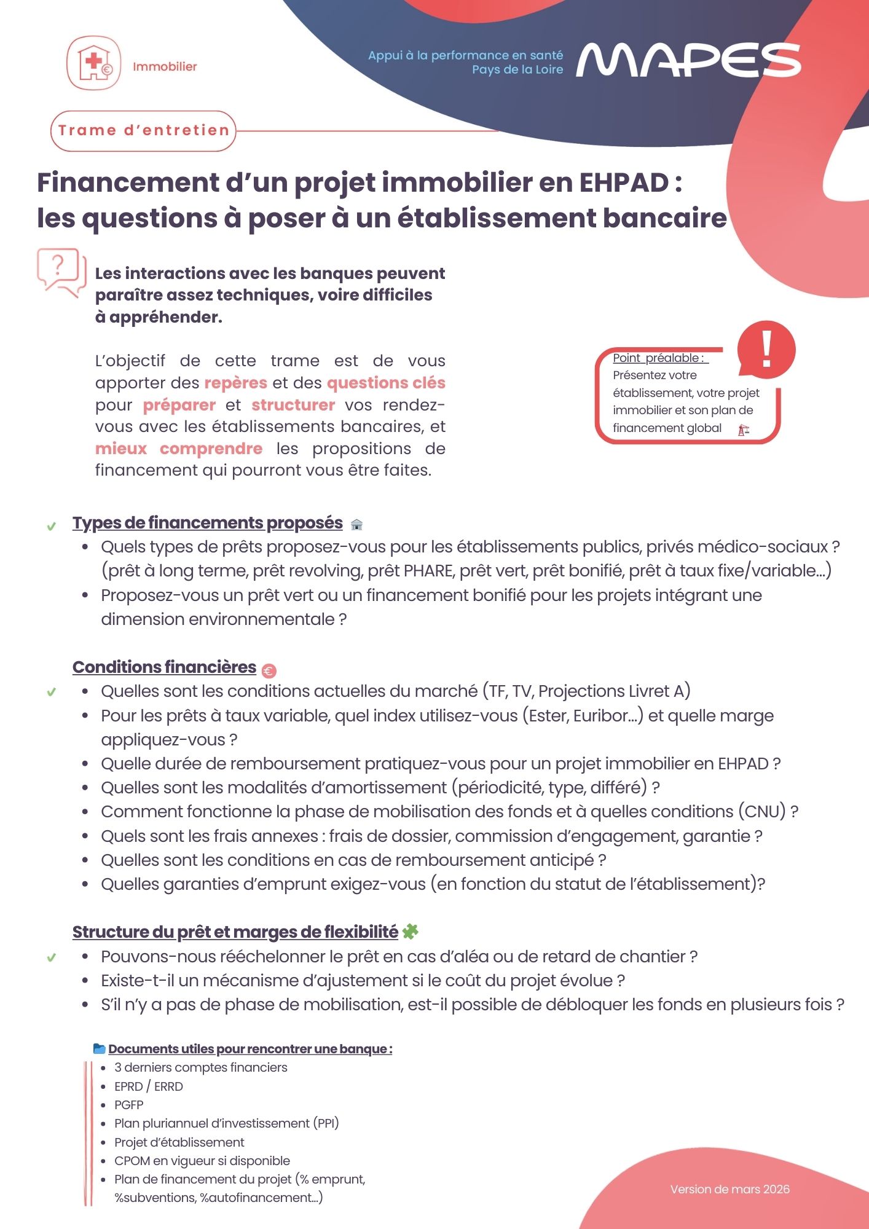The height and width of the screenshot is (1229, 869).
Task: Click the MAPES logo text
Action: pos(688,60)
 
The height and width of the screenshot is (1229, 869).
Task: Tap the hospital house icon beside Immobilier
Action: pos(93,63)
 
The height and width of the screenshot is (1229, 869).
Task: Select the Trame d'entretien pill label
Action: pos(143,130)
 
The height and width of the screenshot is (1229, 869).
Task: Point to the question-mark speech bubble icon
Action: pos(60,271)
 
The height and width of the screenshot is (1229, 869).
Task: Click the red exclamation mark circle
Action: pos(766,349)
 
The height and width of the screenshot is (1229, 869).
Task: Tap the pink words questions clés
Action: pos(386,383)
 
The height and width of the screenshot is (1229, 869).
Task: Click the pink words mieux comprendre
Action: pos(178,449)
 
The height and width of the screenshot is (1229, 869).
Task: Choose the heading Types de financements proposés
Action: pos(207,522)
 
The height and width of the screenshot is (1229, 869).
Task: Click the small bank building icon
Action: pos(356,524)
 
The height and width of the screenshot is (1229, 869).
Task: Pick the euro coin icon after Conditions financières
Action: pos(269,670)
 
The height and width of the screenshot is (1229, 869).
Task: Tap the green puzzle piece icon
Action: pos(410,932)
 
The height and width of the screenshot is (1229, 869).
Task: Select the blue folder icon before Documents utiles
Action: pos(99,1048)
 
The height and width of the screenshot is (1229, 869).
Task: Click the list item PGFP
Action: pos(129,1105)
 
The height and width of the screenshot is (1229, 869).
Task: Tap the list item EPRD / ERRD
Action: pos(149,1086)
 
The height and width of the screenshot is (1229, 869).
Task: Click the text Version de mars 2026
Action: pos(729,1189)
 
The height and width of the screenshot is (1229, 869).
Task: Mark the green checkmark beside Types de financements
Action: pos(52,526)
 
